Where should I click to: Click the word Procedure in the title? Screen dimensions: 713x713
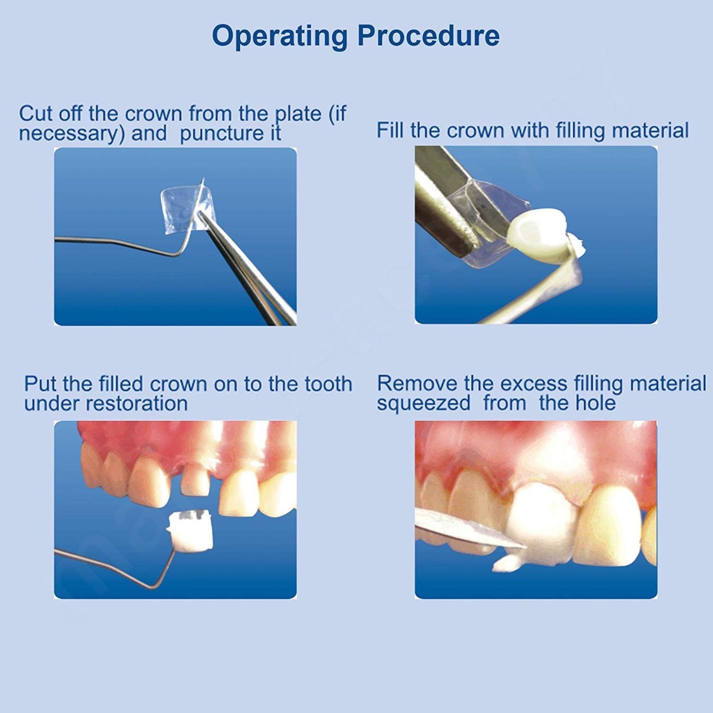tap(428, 36)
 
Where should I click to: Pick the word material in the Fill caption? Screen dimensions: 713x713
tap(650, 130)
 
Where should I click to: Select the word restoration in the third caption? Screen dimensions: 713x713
tap(137, 403)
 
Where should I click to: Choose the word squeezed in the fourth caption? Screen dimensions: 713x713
tap(423, 403)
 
